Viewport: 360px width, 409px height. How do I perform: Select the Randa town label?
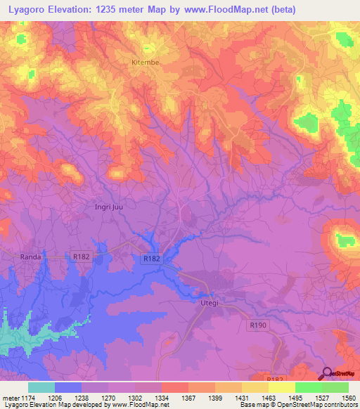coord(31,257)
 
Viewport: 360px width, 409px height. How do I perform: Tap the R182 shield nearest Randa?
coord(81,258)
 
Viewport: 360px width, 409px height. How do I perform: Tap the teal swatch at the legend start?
coord(41,387)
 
